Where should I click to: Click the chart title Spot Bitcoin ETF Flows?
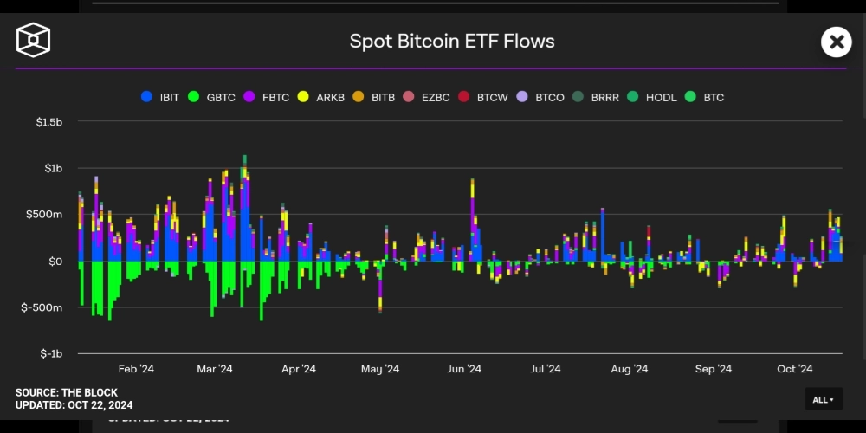pyautogui.click(x=451, y=41)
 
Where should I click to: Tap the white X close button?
pyautogui.click(x=836, y=41)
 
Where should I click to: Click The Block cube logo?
pyautogui.click(x=33, y=40)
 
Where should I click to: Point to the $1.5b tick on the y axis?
pyautogui.click(x=48, y=122)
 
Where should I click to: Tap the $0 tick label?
pyautogui.click(x=55, y=261)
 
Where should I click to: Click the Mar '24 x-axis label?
pyautogui.click(x=215, y=369)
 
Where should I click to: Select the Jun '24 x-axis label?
pyautogui.click(x=464, y=369)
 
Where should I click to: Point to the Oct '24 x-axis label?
pyautogui.click(x=794, y=369)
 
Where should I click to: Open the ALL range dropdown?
pyautogui.click(x=823, y=399)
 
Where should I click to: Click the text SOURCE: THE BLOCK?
pyautogui.click(x=67, y=393)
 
